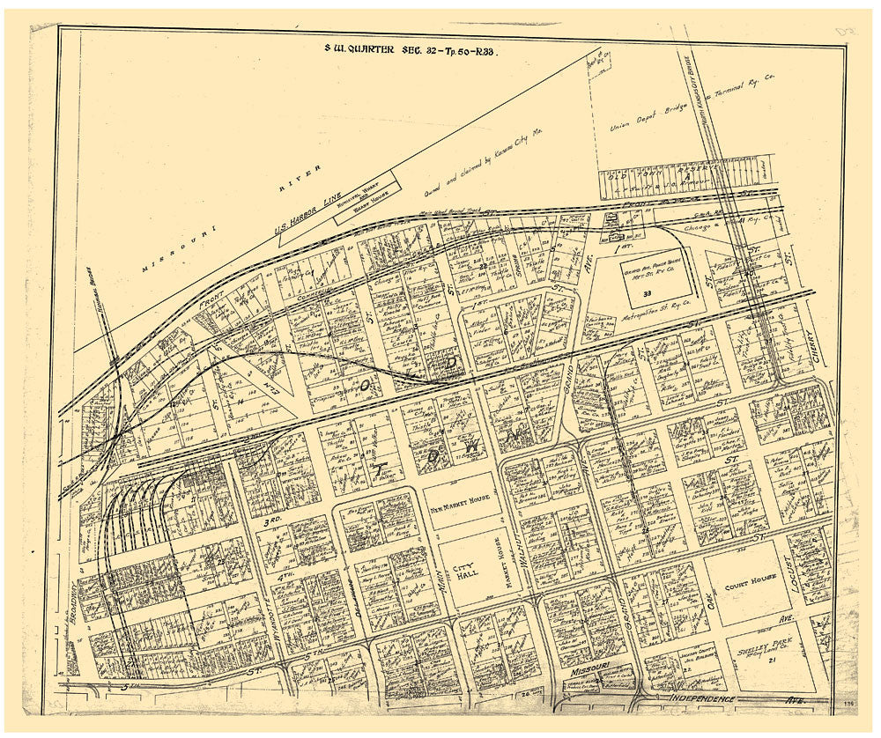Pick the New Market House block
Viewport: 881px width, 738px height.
pyautogui.click(x=461, y=501)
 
